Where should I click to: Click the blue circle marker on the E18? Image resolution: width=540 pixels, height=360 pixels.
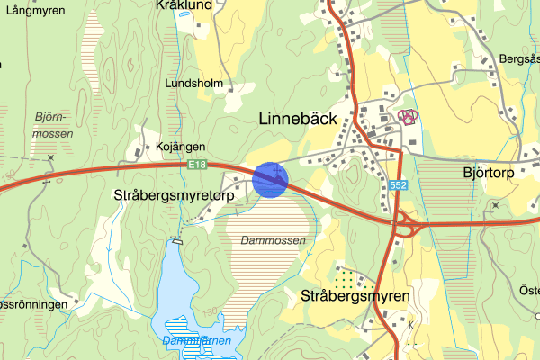pos(269,179)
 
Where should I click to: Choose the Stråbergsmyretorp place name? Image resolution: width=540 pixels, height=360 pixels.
pos(174,194)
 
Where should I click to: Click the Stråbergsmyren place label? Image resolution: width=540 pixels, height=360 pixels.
pos(355,295)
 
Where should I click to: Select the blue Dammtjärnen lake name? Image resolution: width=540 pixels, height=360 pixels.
pos(196,341)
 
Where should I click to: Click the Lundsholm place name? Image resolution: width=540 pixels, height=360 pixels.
pos(193,83)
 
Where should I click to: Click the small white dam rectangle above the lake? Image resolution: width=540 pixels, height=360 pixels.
pos(177,240)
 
